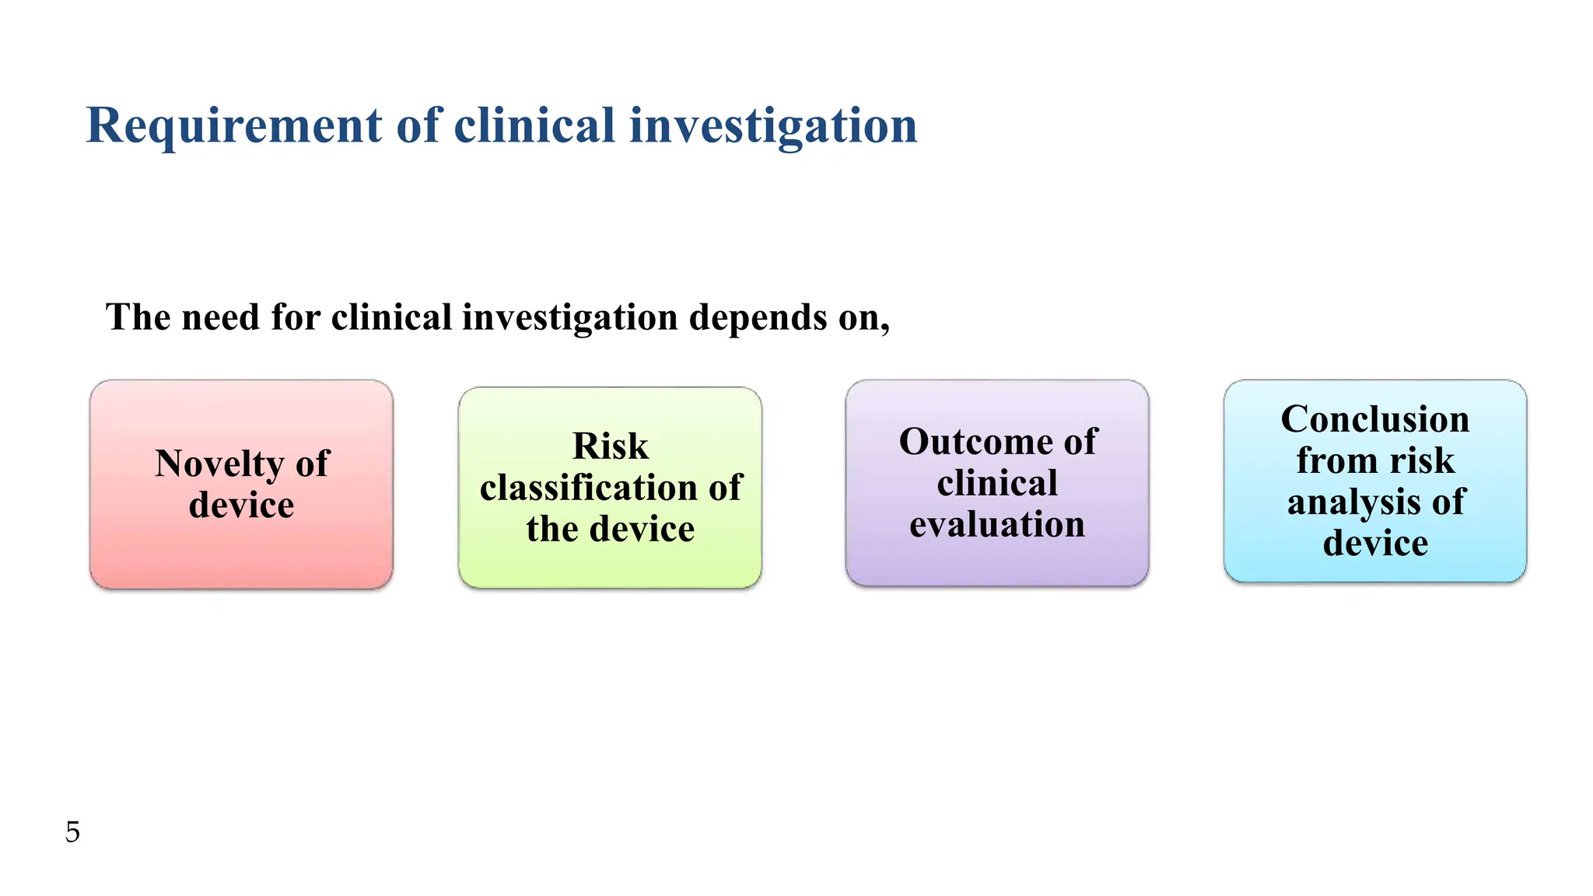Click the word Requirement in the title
[234, 126]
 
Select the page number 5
[72, 832]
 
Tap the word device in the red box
[241, 506]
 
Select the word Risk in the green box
[610, 446]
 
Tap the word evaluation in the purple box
[997, 525]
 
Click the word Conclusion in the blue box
[1374, 419]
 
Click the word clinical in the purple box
[997, 483]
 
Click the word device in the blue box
[1375, 544]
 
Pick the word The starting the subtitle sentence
[138, 318]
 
